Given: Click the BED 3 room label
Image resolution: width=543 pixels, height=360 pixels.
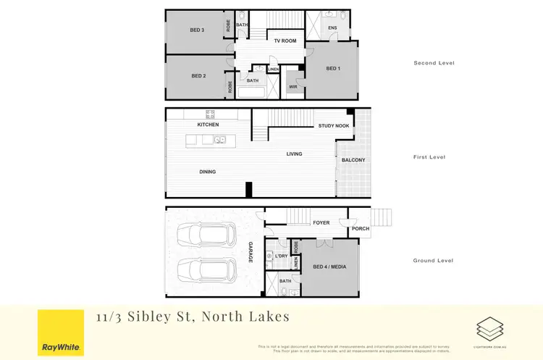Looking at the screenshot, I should tap(197, 30).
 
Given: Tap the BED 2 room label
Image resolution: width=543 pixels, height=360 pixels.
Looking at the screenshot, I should tap(199, 76).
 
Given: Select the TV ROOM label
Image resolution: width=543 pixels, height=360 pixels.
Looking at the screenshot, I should tap(285, 41).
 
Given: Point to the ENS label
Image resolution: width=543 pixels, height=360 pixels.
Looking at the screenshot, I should tap(332, 28).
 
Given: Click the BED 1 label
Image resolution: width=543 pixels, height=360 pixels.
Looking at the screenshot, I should tap(333, 69).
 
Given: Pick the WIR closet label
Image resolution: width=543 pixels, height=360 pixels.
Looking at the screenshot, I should tap(292, 87).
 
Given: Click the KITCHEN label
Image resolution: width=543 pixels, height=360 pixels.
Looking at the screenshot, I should tap(208, 125).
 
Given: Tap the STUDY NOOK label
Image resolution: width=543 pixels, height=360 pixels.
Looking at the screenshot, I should tap(334, 126).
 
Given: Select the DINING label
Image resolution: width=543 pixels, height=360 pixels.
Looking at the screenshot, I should tap(208, 172).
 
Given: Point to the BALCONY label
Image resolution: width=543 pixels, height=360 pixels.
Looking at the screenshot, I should tap(353, 160).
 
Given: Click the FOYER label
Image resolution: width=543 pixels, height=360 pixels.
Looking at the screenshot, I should tap(321, 223).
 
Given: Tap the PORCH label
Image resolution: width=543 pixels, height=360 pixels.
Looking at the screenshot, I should tap(360, 229).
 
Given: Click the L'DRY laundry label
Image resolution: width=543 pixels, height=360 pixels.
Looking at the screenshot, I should tap(281, 256).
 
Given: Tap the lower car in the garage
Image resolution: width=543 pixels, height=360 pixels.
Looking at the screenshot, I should tap(206, 272).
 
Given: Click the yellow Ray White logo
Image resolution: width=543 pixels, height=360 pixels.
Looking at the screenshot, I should tap(59, 332).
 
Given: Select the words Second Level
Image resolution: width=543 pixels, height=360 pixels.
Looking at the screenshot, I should tap(434, 63).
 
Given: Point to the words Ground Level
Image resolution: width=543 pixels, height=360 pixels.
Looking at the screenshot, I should tap(434, 260).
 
